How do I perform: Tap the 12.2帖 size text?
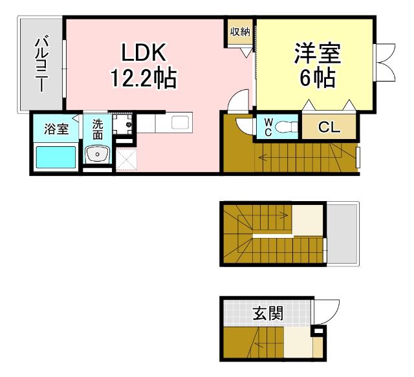pyautogui.click(x=143, y=79)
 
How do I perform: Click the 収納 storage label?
pyautogui.click(x=240, y=32)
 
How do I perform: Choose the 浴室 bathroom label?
pyautogui.click(x=56, y=128)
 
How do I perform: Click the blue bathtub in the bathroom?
pyautogui.click(x=55, y=158)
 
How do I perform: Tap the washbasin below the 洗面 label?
pyautogui.click(x=97, y=155)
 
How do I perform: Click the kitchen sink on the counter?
pyautogui.click(x=179, y=122)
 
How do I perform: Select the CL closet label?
pyautogui.click(x=329, y=127)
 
